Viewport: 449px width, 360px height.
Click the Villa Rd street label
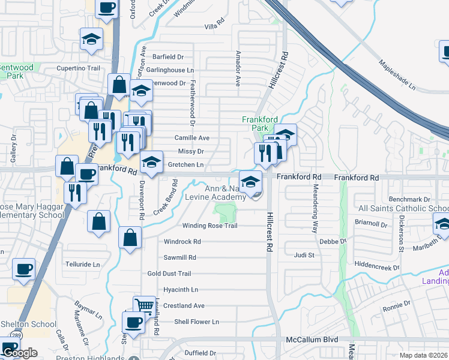[214, 27]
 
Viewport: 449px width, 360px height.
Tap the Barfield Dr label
[168, 57]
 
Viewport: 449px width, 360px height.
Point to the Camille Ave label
[192, 137]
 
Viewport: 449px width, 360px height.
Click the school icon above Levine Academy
[250, 181]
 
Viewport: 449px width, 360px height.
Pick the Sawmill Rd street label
[180, 257]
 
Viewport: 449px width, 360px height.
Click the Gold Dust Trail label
[169, 274]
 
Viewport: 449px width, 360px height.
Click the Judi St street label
[304, 255]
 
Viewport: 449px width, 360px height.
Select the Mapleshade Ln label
[397, 74]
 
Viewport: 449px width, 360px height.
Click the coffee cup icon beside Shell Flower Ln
[133, 322]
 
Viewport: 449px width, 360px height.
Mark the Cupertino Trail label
[78, 68]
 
